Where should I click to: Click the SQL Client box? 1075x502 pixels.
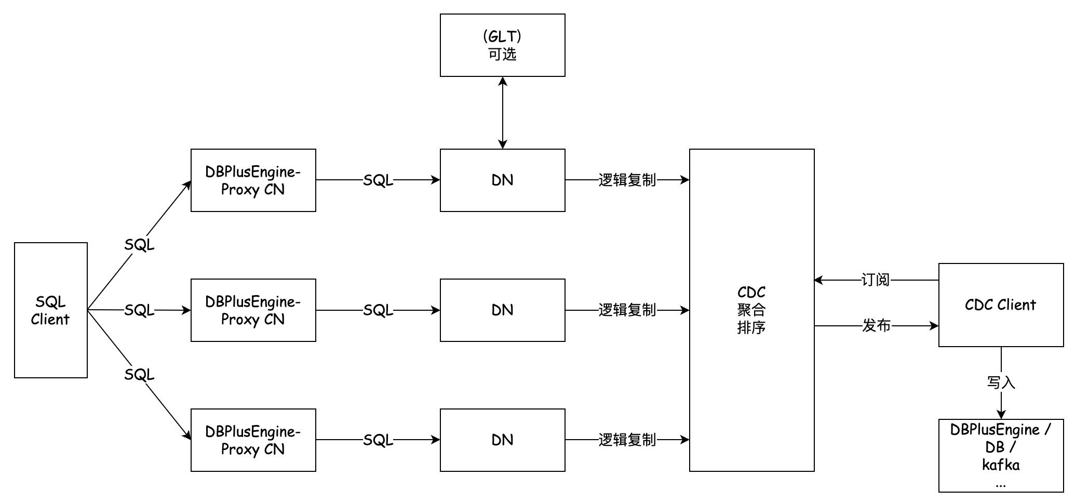point(50,310)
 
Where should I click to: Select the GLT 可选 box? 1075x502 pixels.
point(502,45)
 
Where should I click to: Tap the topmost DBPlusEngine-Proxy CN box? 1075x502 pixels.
point(253,180)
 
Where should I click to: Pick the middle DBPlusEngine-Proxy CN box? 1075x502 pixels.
point(253,310)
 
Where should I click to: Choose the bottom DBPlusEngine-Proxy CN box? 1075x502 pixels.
point(253,440)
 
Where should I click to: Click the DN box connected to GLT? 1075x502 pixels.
point(502,180)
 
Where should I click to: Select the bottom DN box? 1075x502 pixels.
point(502,440)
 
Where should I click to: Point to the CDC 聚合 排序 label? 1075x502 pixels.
point(751,310)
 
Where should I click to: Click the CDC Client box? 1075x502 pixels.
point(1001,305)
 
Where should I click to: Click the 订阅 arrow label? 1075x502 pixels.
point(876,280)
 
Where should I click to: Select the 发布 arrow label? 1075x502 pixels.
point(876,326)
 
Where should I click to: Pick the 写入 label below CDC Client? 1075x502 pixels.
point(1001,383)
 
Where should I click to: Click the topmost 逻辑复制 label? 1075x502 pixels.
point(627,180)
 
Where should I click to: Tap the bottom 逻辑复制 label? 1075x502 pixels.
point(627,440)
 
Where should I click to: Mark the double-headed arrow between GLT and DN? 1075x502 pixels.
point(502,113)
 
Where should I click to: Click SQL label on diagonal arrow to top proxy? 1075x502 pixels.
point(139,245)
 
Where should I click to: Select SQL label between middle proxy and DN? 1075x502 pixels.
point(378,310)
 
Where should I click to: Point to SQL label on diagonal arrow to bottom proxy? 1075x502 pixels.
point(139,375)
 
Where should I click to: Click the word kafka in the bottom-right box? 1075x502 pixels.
point(1001,465)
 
